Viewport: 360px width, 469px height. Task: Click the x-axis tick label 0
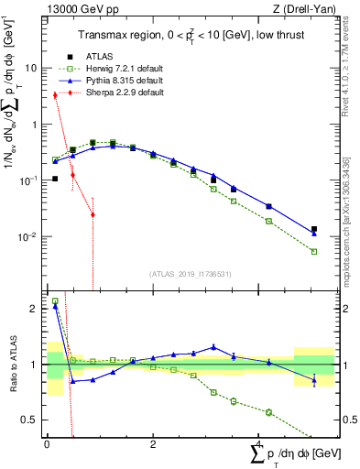tap(47, 443)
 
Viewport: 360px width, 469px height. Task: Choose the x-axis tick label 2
tap(152, 443)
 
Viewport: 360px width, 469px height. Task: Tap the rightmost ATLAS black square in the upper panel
tap(314, 229)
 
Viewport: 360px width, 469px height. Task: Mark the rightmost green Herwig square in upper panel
tap(314, 251)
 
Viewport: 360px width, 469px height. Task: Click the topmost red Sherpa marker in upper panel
tap(55, 94)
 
